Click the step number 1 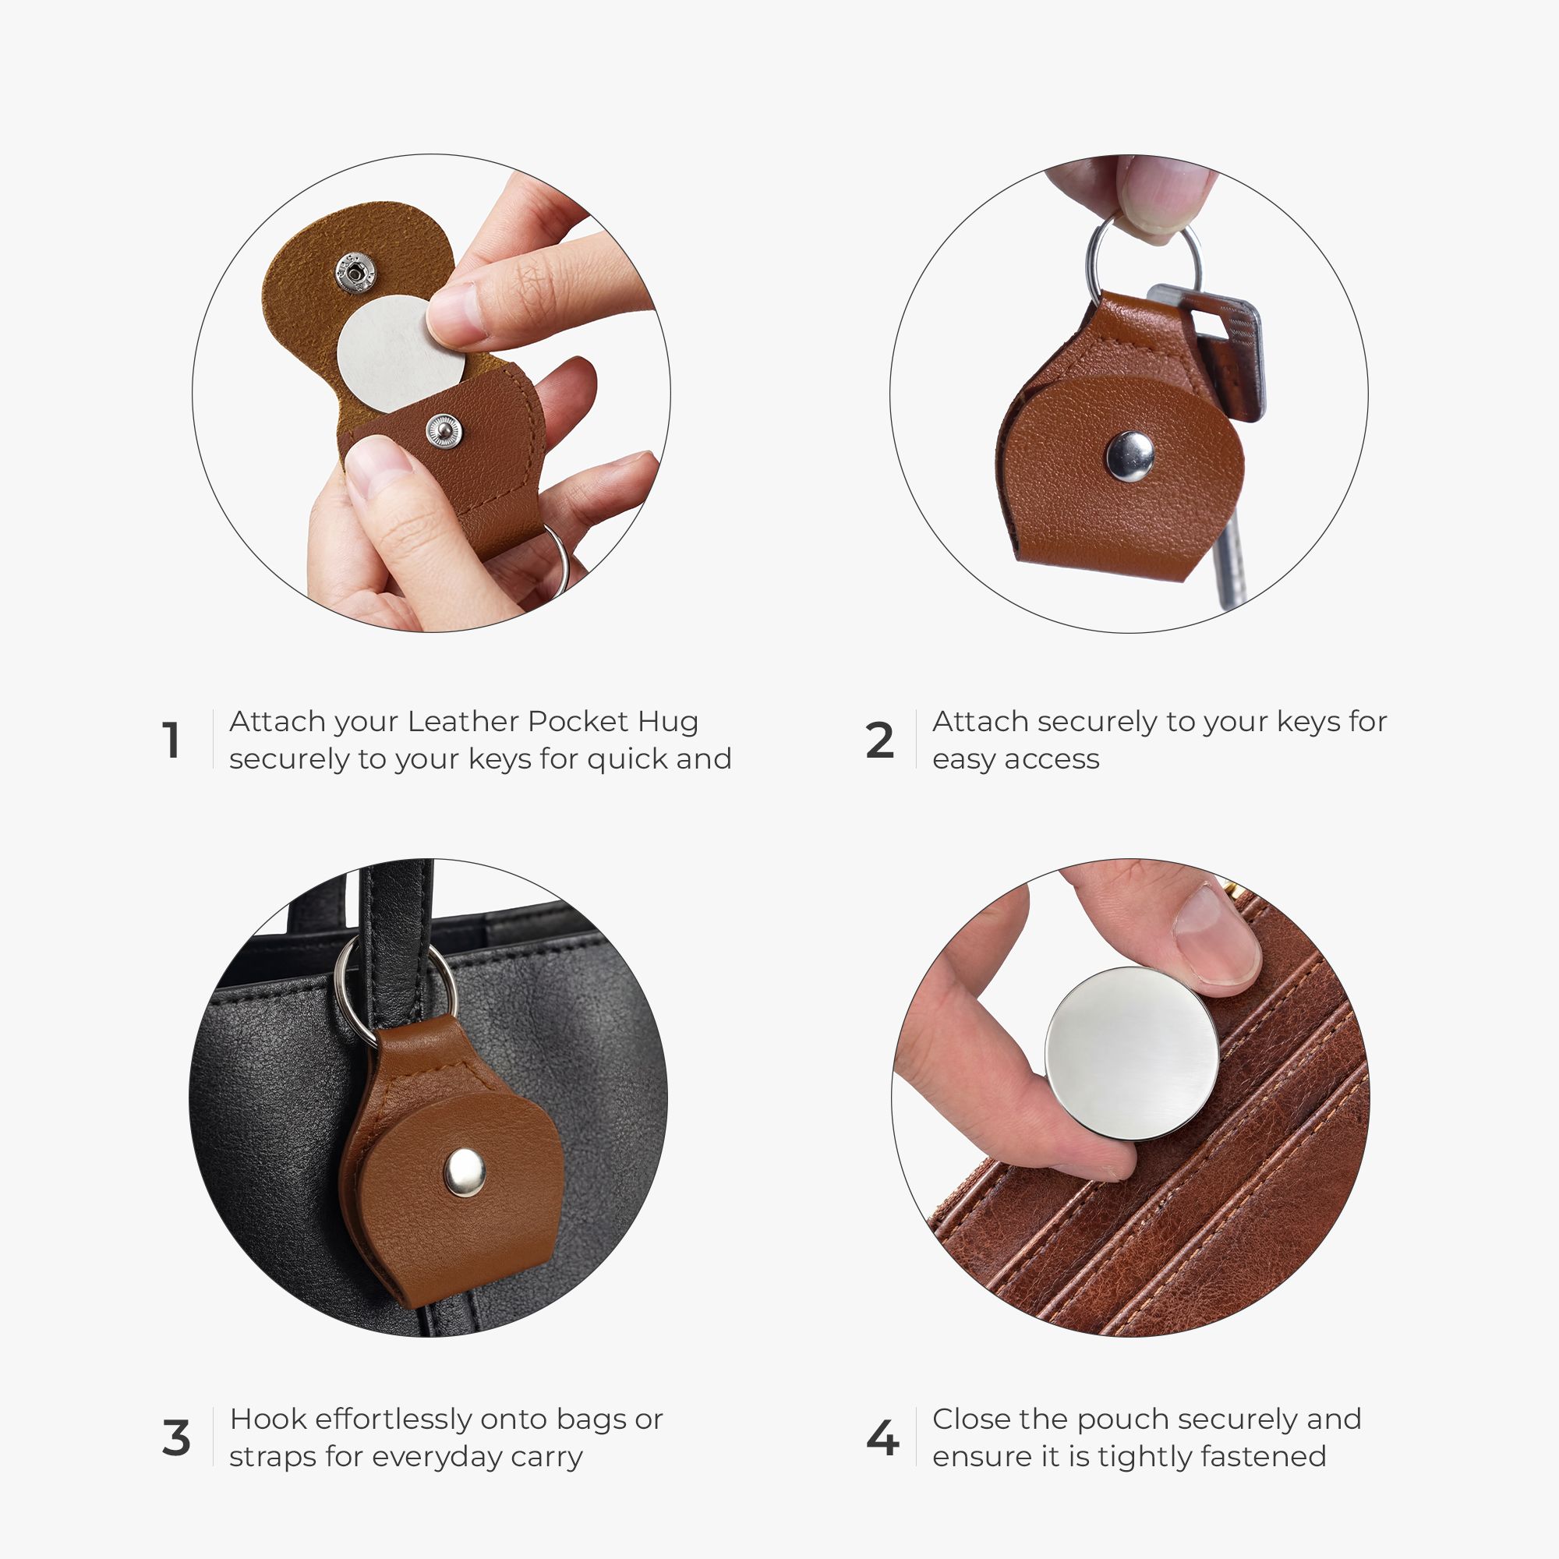point(171,740)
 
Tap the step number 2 point(879,740)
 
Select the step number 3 point(176,1438)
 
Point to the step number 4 point(882,1438)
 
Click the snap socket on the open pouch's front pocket point(444,431)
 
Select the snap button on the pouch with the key point(1130,456)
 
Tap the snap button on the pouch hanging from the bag point(465,1172)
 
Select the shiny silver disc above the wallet point(1132,1053)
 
